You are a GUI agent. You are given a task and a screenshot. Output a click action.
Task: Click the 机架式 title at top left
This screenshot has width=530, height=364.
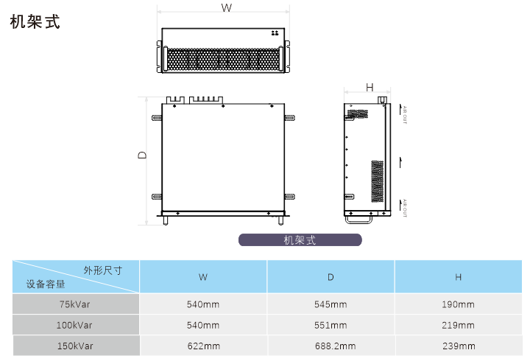pos(35,21)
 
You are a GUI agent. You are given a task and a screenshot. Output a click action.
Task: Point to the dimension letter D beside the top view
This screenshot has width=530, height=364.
pos(142,155)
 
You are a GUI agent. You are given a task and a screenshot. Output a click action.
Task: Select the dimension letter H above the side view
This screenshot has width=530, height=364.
pos(370,88)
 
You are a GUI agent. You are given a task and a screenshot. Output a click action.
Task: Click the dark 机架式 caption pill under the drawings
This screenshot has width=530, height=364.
pos(300,239)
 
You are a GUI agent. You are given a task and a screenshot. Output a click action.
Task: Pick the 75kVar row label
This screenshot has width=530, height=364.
pos(76,304)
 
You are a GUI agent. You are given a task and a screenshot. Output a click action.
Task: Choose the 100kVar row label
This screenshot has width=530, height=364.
pos(76,325)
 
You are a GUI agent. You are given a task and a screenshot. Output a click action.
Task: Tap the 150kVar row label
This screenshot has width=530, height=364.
pos(76,346)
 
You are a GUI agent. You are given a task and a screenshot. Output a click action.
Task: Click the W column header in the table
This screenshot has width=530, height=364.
pos(203,278)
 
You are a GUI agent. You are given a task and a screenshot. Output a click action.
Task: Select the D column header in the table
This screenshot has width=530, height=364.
pos(331,278)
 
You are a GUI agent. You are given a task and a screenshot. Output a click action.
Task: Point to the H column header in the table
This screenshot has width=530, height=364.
pos(458,278)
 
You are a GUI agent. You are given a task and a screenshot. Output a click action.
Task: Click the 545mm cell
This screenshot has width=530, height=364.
pos(331,304)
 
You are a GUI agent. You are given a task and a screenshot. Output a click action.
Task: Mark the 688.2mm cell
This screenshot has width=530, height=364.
pos(331,346)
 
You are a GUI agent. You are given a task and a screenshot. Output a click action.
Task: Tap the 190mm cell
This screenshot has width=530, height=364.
pos(458,304)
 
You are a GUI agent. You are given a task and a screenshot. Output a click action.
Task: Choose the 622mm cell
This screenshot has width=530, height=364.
pos(203,346)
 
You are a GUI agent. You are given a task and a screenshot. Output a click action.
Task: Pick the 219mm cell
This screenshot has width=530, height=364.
pos(458,325)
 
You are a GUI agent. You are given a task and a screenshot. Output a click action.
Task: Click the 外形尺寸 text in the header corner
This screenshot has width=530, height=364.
pos(102,270)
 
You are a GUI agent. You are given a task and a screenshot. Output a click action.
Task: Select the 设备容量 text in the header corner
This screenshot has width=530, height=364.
pos(46,284)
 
